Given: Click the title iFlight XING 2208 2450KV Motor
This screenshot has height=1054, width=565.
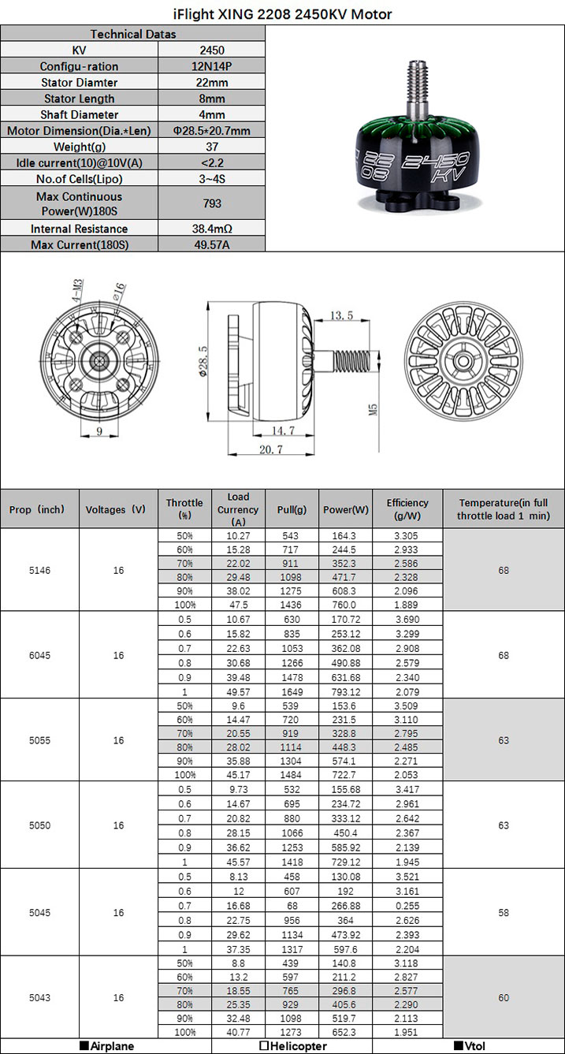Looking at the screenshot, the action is point(282,15).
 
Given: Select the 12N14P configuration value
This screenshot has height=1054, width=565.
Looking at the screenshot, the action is point(212,66).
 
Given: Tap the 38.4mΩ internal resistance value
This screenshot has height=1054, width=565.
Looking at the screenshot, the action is point(212,229).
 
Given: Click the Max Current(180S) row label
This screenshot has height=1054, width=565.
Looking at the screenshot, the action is point(80,244).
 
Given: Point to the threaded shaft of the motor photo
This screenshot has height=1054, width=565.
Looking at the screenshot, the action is point(417,89).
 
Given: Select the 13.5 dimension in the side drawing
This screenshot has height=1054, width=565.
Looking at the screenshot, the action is point(341,315).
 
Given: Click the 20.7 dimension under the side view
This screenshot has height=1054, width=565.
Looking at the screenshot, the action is point(271,449).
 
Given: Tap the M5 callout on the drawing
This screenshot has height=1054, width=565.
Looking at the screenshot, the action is point(373,409).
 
